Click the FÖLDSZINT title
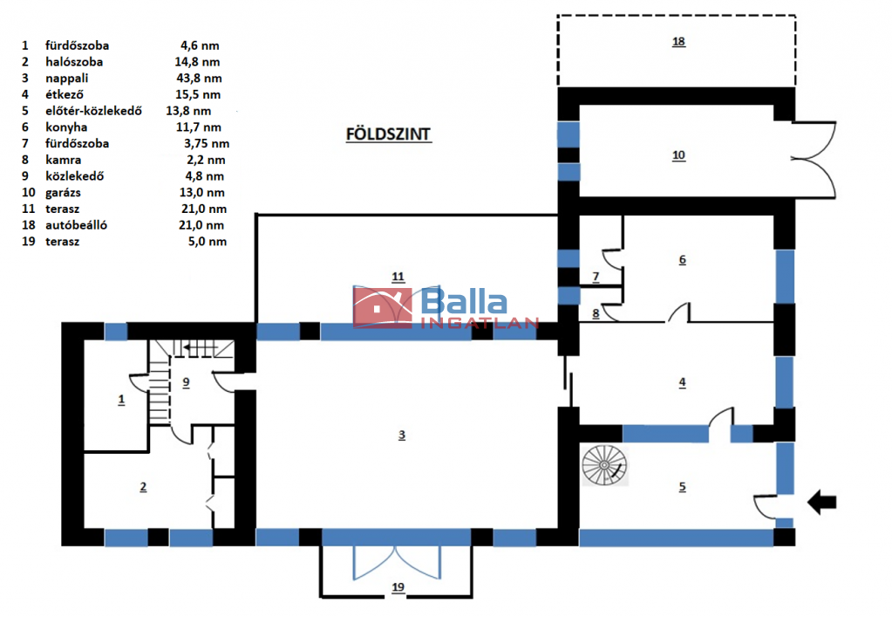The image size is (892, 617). [389, 134]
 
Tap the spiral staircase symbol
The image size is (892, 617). [605, 465]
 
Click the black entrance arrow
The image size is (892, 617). [822, 502]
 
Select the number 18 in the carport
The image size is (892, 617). [678, 42]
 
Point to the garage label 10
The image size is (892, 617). [678, 154]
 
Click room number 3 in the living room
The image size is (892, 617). [402, 435]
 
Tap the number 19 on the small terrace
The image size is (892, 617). [398, 586]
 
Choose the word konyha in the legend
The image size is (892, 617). [66, 127]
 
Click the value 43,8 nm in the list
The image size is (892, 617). [199, 78]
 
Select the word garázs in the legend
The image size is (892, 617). [63, 192]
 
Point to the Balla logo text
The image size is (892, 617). [464, 301]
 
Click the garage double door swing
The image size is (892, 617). [814, 160]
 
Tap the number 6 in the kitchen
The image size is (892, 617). [682, 259]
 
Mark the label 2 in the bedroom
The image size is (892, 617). [143, 487]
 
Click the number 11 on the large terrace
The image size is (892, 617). [398, 277]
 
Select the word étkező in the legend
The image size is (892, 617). [65, 94]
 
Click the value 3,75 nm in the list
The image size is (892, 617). [207, 143]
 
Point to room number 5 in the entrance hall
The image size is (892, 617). [682, 487]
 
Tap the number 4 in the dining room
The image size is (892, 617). [682, 382]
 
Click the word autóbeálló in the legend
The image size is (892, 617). [76, 225]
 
